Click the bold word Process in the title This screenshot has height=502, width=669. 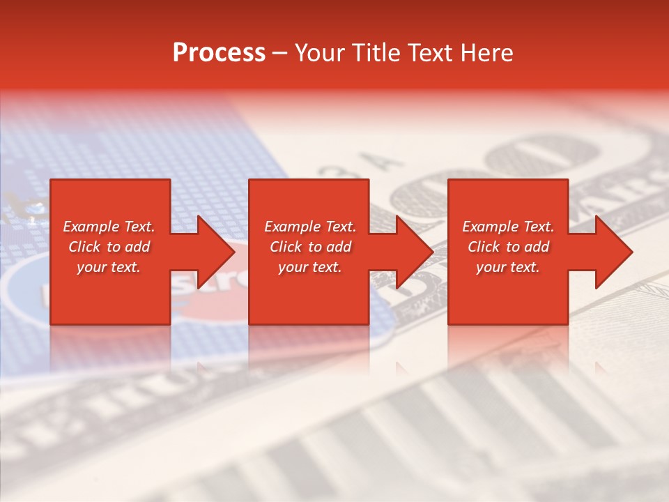click(x=219, y=53)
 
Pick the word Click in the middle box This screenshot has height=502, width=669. click(x=285, y=247)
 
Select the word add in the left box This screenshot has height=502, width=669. click(x=138, y=247)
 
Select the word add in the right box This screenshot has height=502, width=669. click(x=537, y=247)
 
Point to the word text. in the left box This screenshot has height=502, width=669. click(x=125, y=267)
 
